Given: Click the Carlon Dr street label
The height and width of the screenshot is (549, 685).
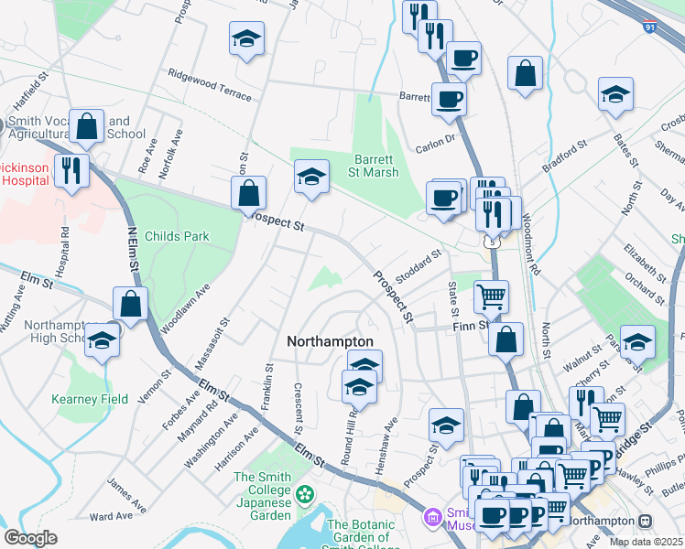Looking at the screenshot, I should click(x=435, y=141).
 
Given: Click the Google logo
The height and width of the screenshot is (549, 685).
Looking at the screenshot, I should click(x=30, y=538).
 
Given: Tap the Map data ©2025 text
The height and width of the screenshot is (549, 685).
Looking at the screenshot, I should click(x=647, y=542).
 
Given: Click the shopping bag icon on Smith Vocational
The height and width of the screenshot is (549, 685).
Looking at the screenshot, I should click(x=87, y=127).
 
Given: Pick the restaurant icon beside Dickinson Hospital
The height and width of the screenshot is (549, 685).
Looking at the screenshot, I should click(x=71, y=169).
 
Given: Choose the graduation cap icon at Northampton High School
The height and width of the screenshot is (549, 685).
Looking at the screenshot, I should click(x=102, y=341).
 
